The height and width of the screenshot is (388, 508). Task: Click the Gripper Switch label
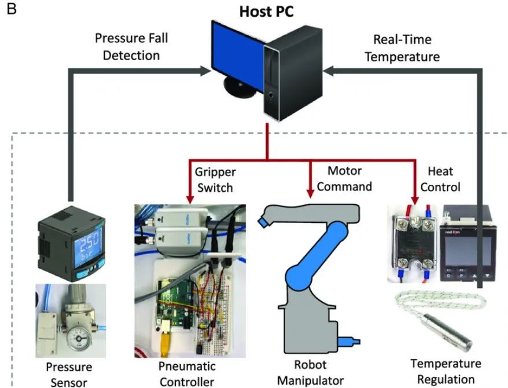215,180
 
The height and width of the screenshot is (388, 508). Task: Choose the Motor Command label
345,178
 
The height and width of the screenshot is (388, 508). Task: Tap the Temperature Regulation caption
446,370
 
